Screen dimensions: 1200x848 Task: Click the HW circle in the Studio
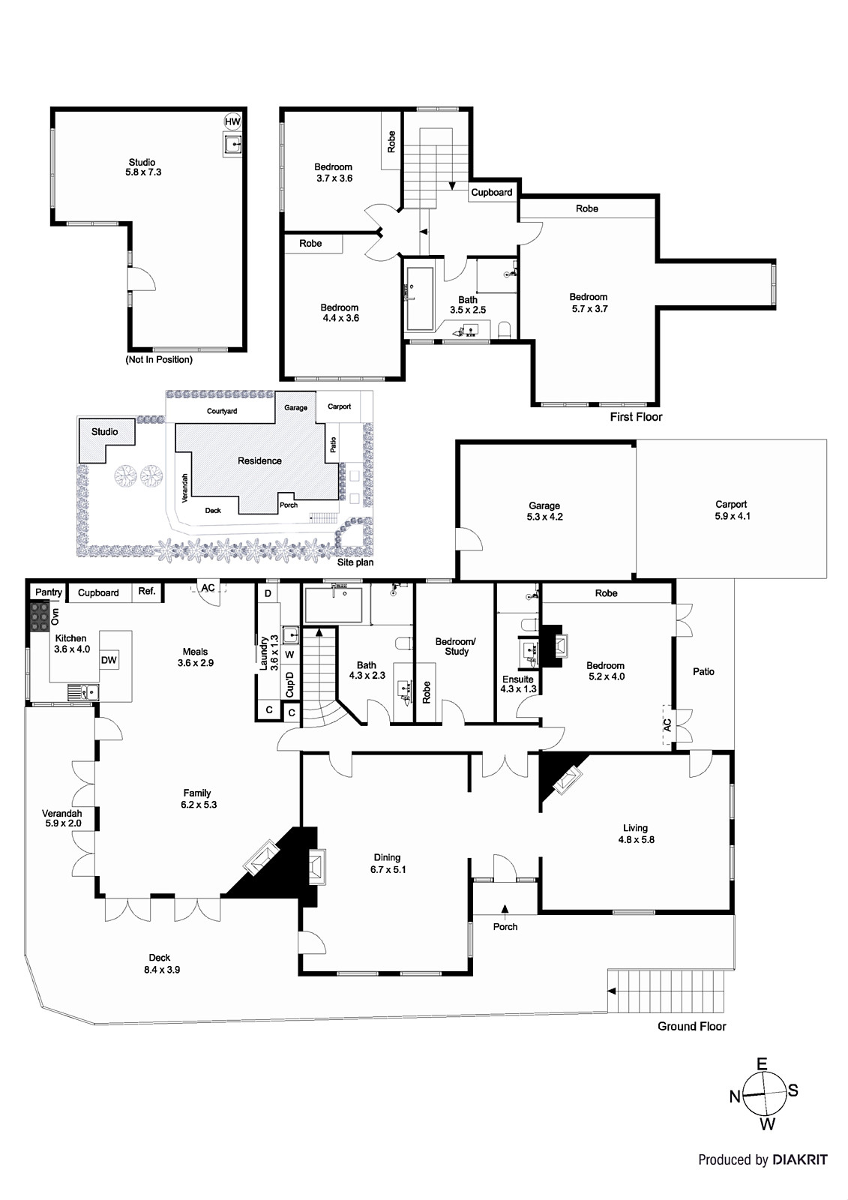(232, 121)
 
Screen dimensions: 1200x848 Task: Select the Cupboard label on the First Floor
(492, 193)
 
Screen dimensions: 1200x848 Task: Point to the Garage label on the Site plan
(295, 408)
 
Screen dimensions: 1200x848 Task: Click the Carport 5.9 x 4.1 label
(731, 511)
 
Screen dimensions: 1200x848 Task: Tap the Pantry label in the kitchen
(49, 592)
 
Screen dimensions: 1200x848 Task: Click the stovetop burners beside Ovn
(37, 616)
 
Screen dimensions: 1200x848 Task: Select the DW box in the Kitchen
(109, 660)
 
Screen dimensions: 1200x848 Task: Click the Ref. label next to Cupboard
(147, 592)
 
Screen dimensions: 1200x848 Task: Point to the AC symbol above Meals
(208, 588)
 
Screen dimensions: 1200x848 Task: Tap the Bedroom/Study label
(456, 646)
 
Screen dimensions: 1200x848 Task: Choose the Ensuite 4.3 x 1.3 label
(519, 685)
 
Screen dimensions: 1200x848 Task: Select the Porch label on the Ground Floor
(505, 927)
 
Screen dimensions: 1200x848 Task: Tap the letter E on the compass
(762, 1063)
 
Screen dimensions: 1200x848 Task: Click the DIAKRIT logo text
(801, 1160)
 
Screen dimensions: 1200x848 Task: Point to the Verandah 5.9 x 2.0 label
(61, 818)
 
